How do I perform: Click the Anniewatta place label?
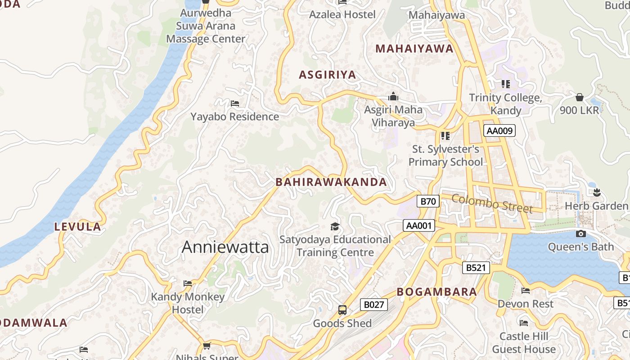225,247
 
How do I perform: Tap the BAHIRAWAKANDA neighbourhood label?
331,182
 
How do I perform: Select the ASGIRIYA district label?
328,75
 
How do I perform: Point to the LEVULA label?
78,227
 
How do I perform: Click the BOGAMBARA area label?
436,292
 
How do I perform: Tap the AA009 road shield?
499,131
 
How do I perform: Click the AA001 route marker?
418,225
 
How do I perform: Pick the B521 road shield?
476,268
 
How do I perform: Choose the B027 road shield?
373,305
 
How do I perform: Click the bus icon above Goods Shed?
342,310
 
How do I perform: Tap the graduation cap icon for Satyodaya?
335,226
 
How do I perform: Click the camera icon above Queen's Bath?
581,234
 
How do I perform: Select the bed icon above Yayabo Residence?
234,103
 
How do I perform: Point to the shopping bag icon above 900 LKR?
580,97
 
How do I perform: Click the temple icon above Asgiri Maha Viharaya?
393,96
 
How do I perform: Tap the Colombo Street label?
492,203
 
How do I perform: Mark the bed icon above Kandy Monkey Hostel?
188,283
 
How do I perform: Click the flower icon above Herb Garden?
597,193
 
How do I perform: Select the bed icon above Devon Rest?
525,291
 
